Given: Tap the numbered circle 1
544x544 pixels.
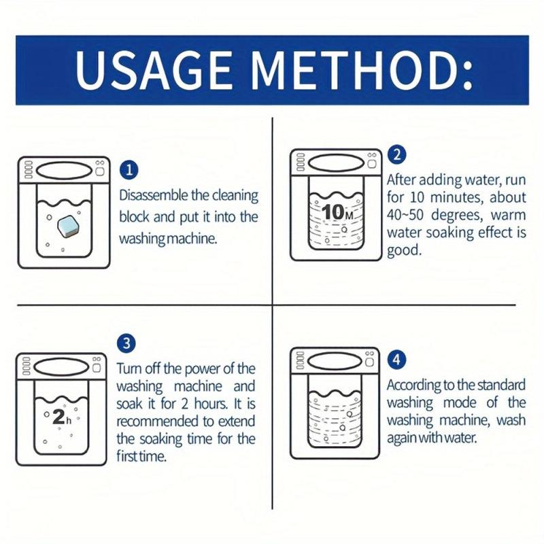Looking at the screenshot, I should pyautogui.click(x=128, y=170).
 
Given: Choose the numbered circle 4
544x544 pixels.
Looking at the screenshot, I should pyautogui.click(x=396, y=359).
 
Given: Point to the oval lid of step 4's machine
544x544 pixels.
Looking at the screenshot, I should pyautogui.click(x=333, y=357).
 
